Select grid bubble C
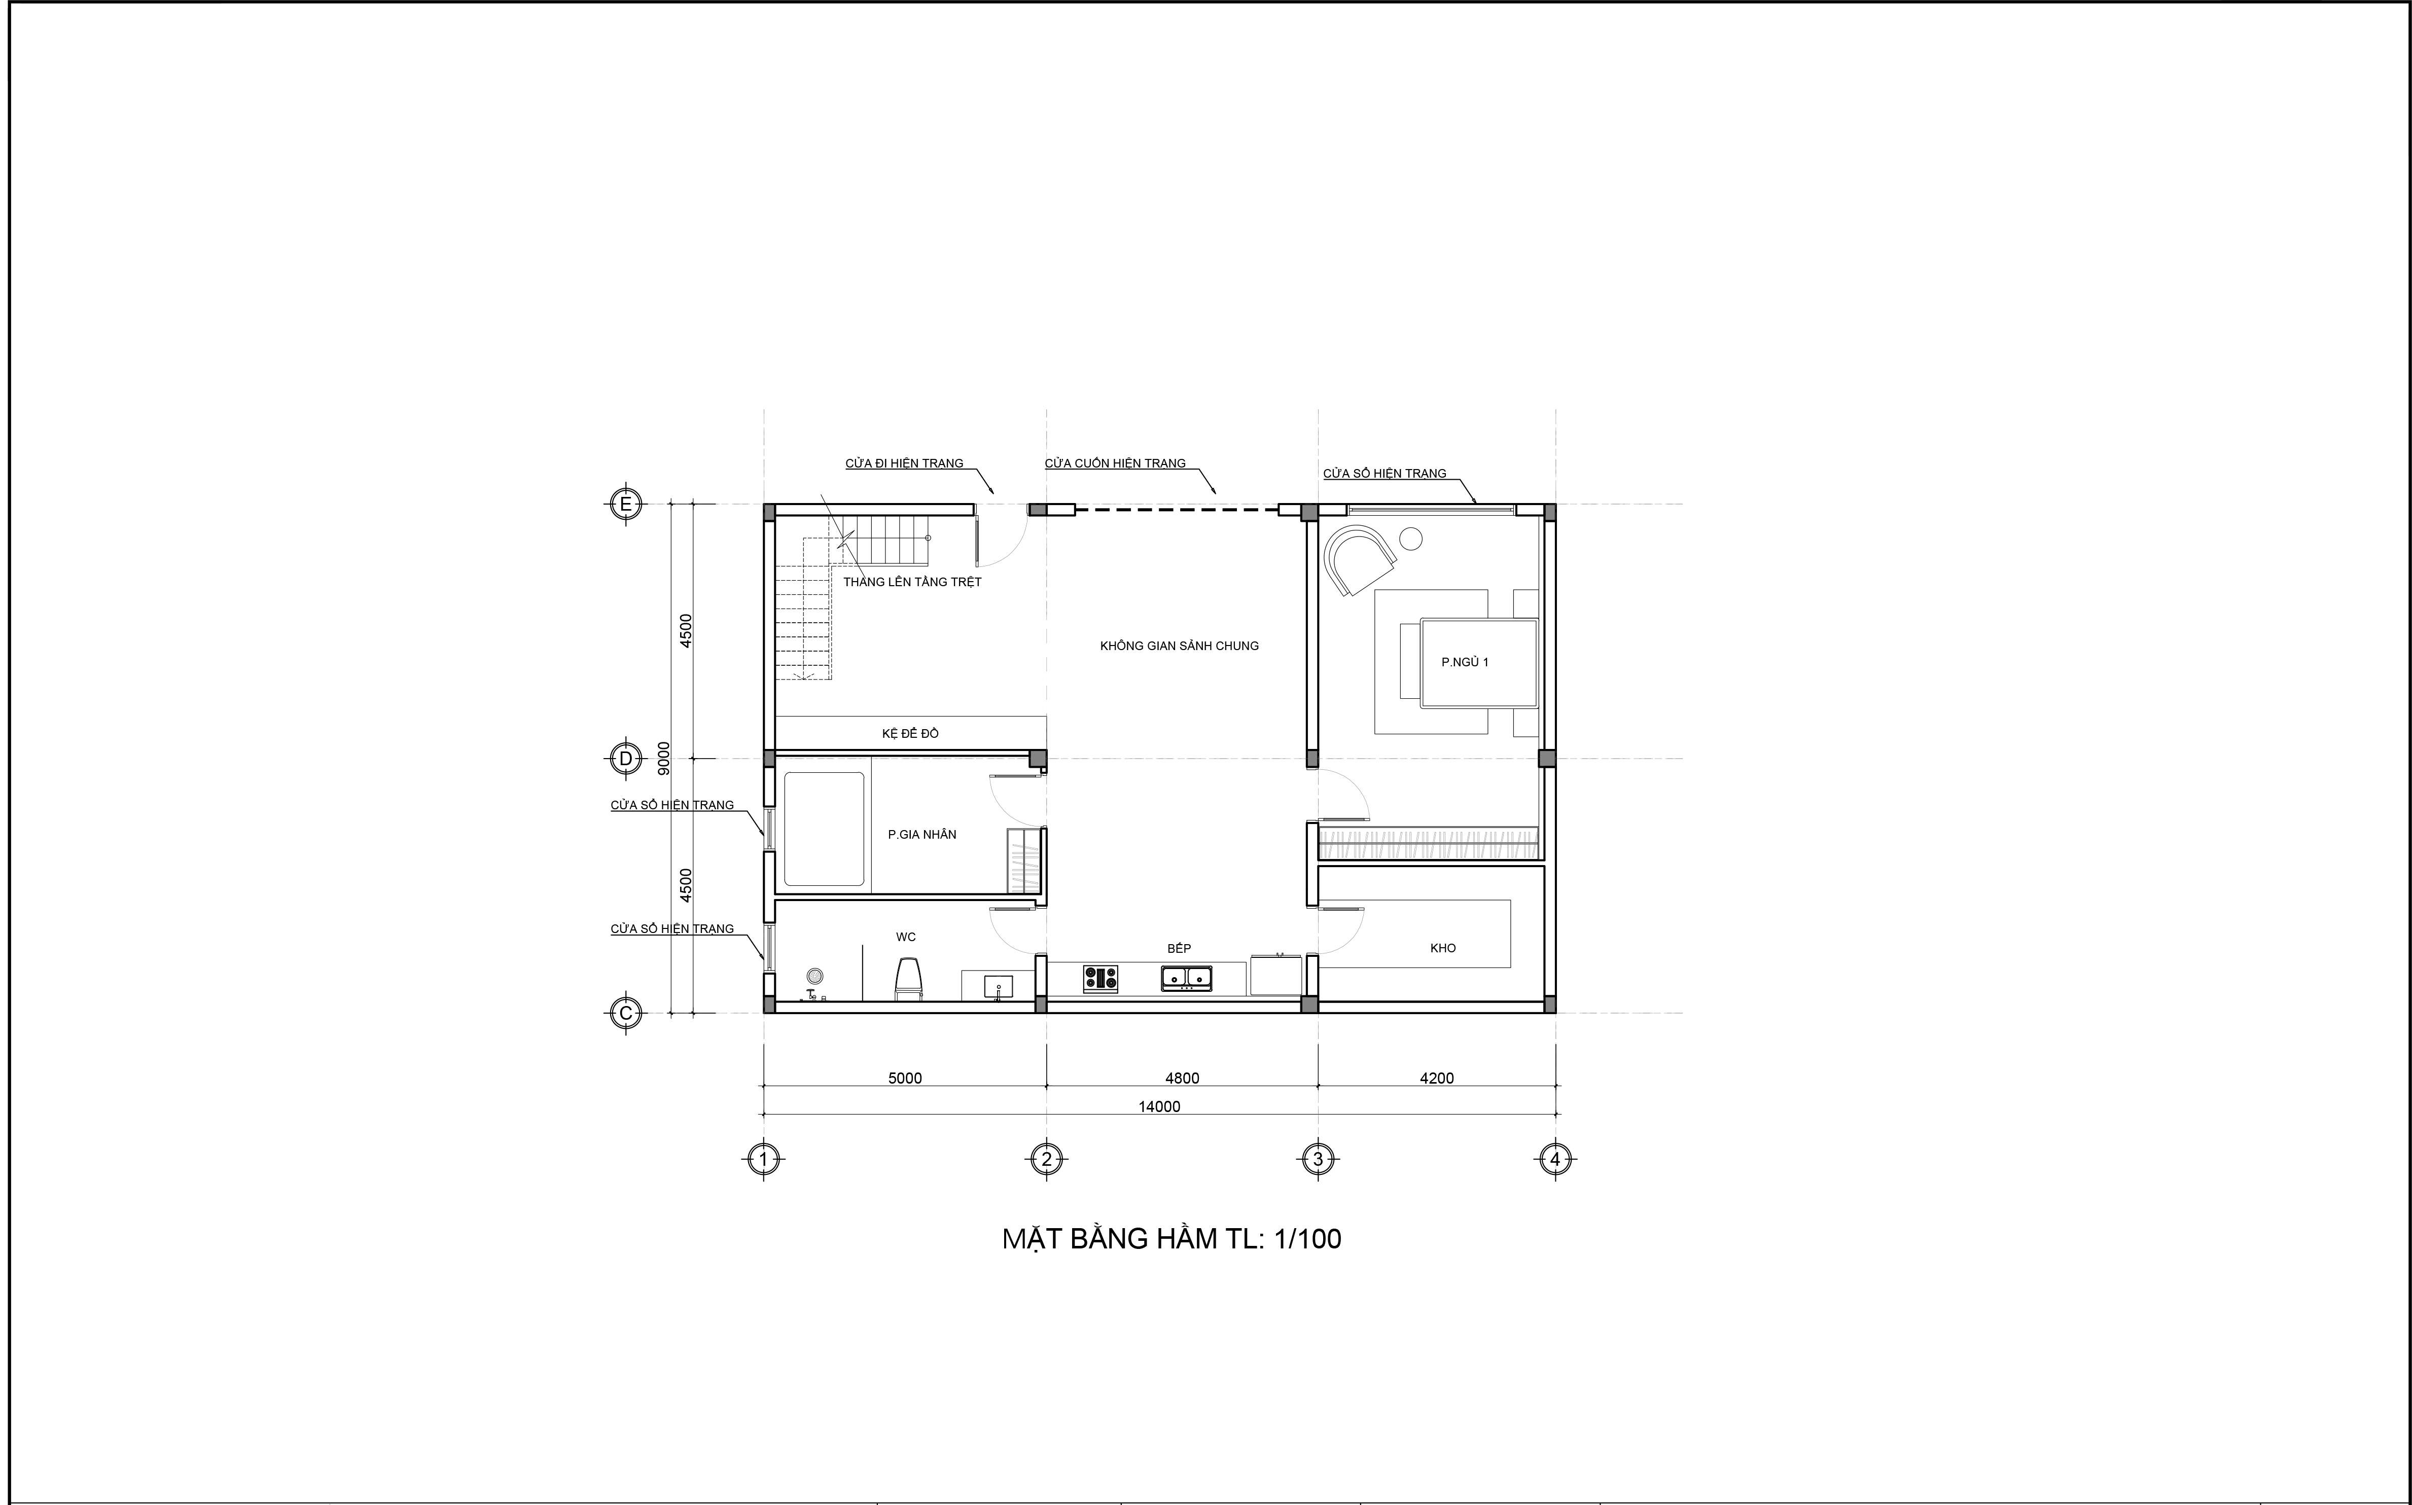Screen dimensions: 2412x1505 click(x=625, y=1013)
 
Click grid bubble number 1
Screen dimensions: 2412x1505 click(x=764, y=1159)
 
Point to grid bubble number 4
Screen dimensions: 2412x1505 click(x=1555, y=1159)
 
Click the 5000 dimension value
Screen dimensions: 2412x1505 click(x=905, y=1078)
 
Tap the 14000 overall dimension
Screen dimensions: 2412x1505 click(x=1160, y=1107)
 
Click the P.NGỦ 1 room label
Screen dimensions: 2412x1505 click(x=1464, y=662)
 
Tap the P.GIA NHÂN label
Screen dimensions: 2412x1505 click(x=922, y=834)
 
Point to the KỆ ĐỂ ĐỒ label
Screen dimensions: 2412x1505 click(x=910, y=734)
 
